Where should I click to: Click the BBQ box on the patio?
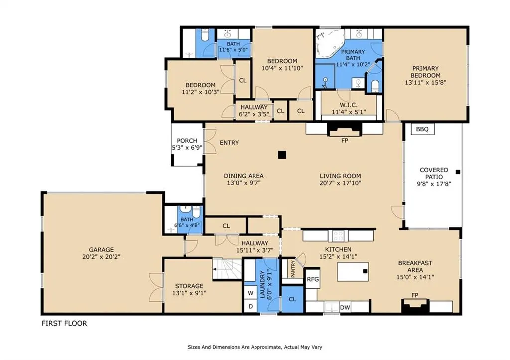[x=422, y=129]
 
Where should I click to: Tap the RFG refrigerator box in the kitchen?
[x=313, y=279]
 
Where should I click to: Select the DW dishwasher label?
[x=345, y=307]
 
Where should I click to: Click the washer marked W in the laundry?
[x=250, y=293]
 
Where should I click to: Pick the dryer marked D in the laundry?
[x=250, y=306]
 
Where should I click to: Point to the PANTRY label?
[x=293, y=269]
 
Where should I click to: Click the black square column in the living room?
[x=282, y=155]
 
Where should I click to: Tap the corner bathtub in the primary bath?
[x=330, y=44]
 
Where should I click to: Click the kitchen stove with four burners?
[x=338, y=236]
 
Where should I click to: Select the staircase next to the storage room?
[x=227, y=268]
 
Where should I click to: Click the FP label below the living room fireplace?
[x=345, y=140]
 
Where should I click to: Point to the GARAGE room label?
[x=101, y=250]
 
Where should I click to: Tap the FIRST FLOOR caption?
[x=64, y=323]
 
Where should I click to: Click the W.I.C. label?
[x=348, y=105]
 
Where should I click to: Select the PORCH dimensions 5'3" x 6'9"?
[x=187, y=148]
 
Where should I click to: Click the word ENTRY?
[x=229, y=143]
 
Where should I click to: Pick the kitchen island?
[x=353, y=271]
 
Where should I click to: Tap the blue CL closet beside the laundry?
[x=292, y=299]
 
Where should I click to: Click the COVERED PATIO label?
[x=434, y=173]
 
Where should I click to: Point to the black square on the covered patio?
[x=458, y=172]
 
